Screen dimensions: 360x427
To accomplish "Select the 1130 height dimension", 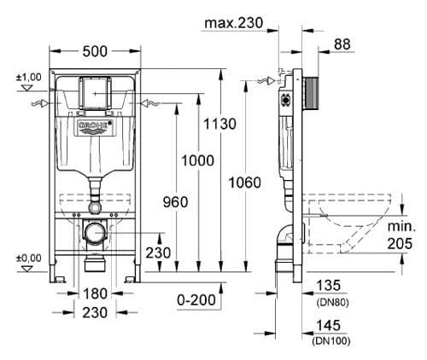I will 220,125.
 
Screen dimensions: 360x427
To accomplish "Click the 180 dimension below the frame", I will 94,293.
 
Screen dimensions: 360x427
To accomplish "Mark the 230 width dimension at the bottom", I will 94,312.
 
